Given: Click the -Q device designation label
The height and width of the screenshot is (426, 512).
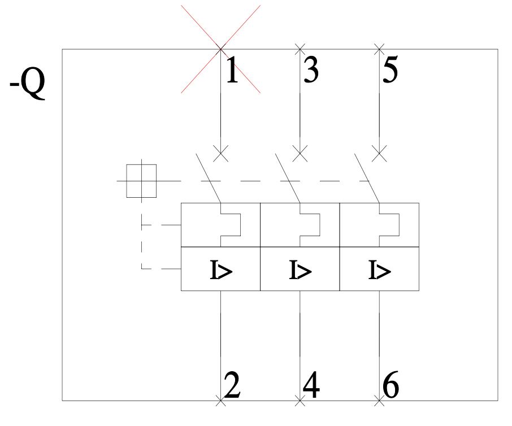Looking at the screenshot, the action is coord(28,83).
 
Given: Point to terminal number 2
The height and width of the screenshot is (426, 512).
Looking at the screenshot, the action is coord(232,384).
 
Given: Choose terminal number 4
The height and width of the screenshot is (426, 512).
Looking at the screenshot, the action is coord(311,384).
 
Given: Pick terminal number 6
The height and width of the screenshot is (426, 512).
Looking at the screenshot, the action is coord(390,384).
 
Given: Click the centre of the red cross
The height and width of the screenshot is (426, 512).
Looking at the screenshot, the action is coord(221,49).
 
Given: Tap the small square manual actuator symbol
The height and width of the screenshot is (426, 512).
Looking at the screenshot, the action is coord(141,181).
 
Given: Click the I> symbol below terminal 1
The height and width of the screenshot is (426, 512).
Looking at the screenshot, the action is coord(221,269).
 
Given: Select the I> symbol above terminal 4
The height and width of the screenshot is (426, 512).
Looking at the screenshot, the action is coord(301,269).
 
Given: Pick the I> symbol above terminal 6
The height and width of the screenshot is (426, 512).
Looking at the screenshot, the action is coord(379,269).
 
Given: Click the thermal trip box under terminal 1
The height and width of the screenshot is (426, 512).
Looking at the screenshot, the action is coord(221,225).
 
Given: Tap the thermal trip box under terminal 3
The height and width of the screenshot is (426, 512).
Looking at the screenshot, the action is coord(300,225).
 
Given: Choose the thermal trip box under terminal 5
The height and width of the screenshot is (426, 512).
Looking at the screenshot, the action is coord(379,225).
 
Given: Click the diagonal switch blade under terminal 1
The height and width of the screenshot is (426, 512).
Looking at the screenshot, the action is coord(209,178).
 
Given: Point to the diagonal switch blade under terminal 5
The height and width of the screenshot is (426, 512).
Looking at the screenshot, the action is coord(367,178).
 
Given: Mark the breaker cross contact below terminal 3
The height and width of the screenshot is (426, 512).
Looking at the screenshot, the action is coord(300,154).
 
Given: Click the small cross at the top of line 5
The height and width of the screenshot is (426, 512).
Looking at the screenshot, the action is coord(379,49).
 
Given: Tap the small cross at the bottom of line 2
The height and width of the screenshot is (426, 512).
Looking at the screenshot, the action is coord(221,401).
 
